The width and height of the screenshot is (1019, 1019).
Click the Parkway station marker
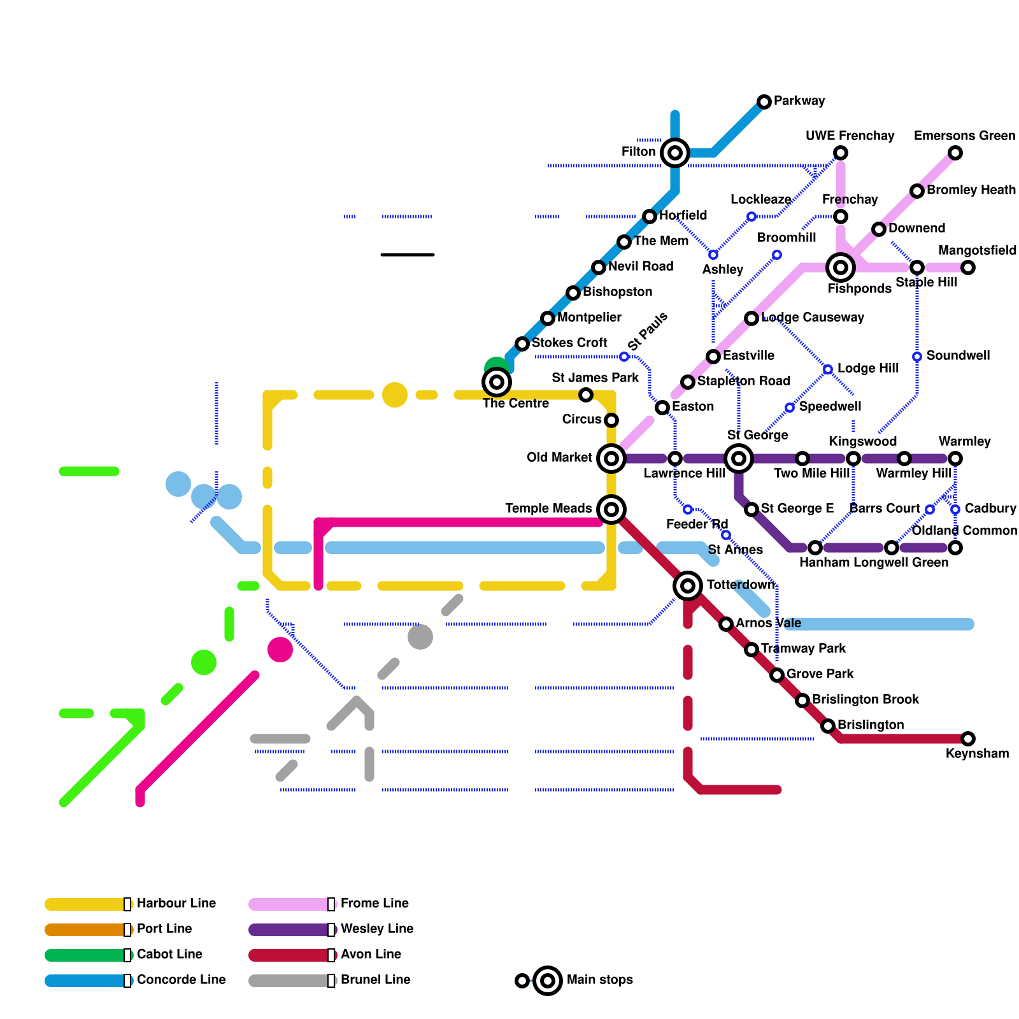point(764,102)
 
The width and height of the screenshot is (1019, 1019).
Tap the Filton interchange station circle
point(675,153)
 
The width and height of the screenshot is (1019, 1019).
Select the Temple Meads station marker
point(611,509)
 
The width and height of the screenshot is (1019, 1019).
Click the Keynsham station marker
point(968,739)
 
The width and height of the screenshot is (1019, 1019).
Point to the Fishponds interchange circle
point(841,267)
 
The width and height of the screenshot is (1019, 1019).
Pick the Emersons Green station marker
point(955,153)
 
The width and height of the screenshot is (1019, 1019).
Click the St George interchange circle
point(739,459)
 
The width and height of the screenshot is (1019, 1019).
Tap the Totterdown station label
point(741,585)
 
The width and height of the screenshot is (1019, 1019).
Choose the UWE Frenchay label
point(850,136)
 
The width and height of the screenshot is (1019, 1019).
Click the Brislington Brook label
point(865,699)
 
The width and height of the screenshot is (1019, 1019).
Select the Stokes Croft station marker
point(522,344)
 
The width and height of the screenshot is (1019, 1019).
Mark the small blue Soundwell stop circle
point(917,357)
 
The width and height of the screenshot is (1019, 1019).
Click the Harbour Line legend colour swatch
point(86,904)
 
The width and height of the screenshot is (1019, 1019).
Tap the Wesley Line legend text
point(377,929)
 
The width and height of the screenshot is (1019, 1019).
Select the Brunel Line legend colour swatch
point(290,981)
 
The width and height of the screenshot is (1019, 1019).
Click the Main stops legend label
point(599,980)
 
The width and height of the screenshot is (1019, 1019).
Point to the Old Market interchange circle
point(611,459)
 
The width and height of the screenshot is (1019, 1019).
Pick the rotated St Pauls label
point(647,331)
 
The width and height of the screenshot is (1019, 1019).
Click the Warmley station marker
point(955,459)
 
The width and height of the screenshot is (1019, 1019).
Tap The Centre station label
point(516,404)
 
